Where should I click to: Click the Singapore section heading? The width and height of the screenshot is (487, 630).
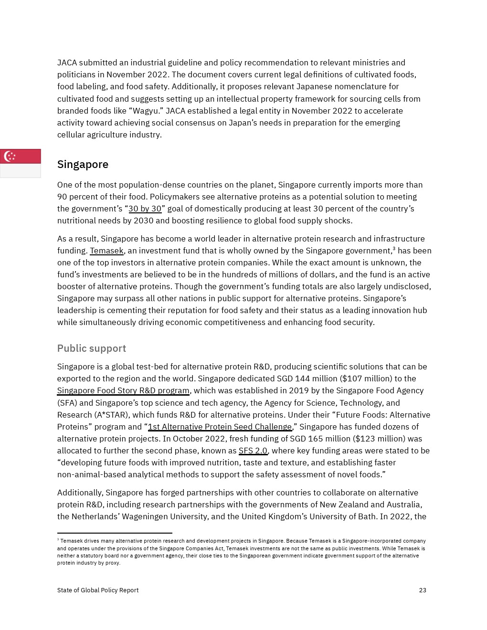[x=83, y=164]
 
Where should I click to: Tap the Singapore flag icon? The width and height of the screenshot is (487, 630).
[x=20, y=163]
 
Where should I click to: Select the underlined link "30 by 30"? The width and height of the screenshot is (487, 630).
[x=145, y=209]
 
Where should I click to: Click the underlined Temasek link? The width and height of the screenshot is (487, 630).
[x=106, y=251]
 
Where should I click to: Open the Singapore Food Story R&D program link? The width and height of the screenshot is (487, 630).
[x=123, y=390]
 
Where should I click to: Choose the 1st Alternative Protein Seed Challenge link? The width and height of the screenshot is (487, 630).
[x=220, y=427]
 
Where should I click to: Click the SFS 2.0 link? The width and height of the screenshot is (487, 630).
[x=253, y=451]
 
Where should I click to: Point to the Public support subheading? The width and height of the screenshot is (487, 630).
[x=92, y=348]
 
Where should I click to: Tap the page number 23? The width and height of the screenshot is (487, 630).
[x=423, y=590]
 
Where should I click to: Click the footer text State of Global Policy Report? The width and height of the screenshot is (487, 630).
[x=98, y=590]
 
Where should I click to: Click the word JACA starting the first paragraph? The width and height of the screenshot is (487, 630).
[x=67, y=63]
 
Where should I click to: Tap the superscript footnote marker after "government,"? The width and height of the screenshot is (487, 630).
[x=394, y=248]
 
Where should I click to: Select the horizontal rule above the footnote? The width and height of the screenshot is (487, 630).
[x=115, y=533]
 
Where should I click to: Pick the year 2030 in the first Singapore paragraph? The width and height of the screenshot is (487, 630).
[x=144, y=220]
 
